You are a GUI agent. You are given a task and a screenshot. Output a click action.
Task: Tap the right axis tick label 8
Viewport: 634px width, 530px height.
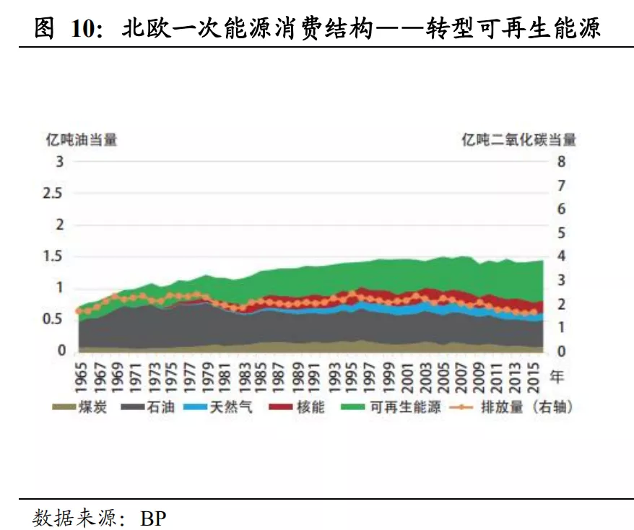click(561, 162)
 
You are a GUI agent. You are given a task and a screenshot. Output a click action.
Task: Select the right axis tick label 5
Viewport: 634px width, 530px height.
click(561, 233)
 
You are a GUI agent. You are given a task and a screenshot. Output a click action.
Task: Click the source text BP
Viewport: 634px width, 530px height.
click(153, 518)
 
